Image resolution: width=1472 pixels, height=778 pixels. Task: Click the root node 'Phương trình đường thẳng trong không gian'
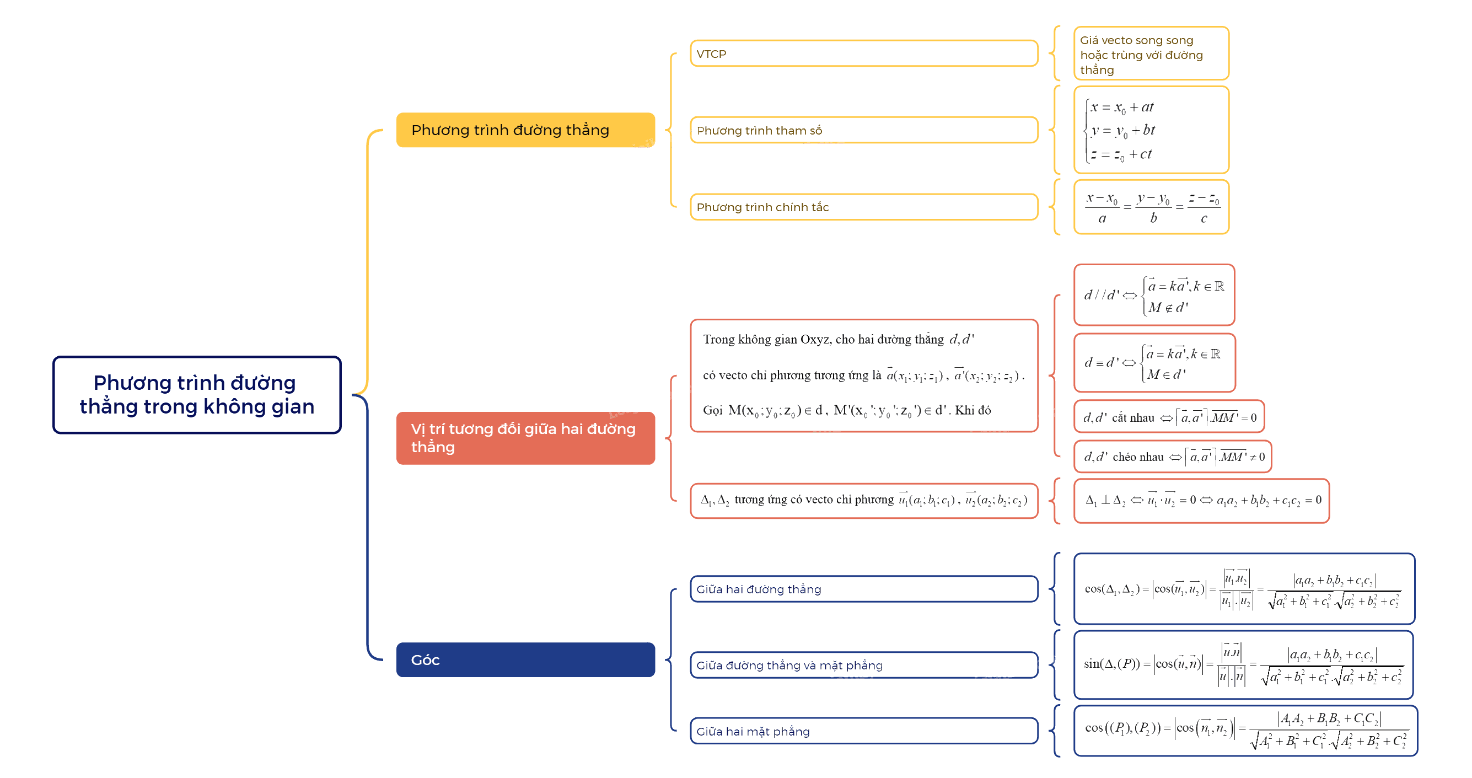click(x=197, y=394)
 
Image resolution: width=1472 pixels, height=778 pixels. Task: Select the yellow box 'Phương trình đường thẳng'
click(x=525, y=130)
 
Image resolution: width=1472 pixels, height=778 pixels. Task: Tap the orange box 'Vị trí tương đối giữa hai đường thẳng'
click(x=525, y=438)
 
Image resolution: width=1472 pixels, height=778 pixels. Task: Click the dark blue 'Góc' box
click(x=525, y=659)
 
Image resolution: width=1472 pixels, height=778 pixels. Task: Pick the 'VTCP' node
click(x=863, y=53)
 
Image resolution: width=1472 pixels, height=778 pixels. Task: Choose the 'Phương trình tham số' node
click(x=863, y=130)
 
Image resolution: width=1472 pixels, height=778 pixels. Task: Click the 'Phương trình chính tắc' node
click(x=863, y=207)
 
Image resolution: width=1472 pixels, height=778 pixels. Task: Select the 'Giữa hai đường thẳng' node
click(x=863, y=589)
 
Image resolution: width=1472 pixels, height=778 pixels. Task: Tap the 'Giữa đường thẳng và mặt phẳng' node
click(x=863, y=665)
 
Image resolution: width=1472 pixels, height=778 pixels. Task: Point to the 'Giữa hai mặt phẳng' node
click(x=863, y=731)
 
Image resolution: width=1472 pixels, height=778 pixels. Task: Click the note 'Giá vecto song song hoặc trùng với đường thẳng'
click(x=1151, y=53)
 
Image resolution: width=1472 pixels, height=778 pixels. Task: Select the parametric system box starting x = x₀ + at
click(x=1151, y=130)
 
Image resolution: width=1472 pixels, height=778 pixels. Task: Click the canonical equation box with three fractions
click(x=1151, y=207)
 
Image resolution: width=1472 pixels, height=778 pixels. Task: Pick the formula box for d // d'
click(x=1154, y=295)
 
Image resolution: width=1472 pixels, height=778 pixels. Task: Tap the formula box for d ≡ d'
click(x=1154, y=362)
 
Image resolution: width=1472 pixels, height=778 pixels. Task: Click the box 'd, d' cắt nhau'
click(x=1169, y=417)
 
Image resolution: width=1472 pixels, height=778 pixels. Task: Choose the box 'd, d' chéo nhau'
click(x=1173, y=456)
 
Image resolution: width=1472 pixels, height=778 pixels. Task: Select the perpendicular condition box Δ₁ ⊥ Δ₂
click(x=1201, y=500)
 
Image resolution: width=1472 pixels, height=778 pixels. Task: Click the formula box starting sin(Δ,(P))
click(x=1243, y=664)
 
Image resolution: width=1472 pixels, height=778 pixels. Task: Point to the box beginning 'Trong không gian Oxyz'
click(x=863, y=375)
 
